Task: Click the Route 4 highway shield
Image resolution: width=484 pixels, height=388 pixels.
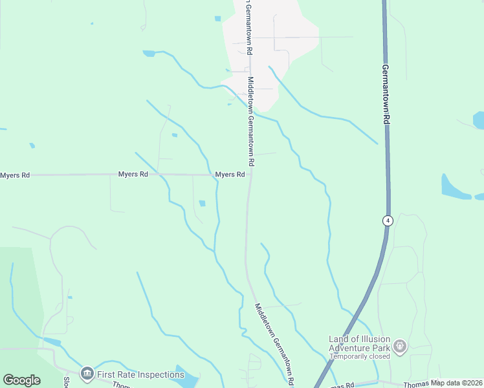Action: (x=387, y=221)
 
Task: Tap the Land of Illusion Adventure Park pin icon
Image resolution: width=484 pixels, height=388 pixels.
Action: (x=401, y=347)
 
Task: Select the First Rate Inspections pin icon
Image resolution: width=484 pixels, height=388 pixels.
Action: (x=87, y=374)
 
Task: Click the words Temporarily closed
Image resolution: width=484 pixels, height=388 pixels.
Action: (x=360, y=356)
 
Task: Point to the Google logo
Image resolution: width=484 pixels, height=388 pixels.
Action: (x=21, y=380)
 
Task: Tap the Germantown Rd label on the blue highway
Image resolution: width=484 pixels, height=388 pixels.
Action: (x=386, y=94)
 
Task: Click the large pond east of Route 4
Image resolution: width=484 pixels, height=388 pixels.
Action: (x=455, y=187)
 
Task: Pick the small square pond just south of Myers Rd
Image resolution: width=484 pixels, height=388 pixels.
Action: (x=202, y=204)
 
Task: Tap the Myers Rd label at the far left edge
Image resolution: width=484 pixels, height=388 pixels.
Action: (x=15, y=175)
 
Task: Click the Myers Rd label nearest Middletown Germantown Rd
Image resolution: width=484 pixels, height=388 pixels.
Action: (x=230, y=175)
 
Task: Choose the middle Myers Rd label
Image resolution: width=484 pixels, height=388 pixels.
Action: (x=133, y=175)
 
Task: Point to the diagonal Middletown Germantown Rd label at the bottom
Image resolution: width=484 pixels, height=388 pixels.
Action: (x=276, y=342)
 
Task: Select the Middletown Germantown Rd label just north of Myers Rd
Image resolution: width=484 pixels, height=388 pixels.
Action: (x=251, y=120)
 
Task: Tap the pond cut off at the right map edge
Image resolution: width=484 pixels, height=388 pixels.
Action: (x=479, y=120)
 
